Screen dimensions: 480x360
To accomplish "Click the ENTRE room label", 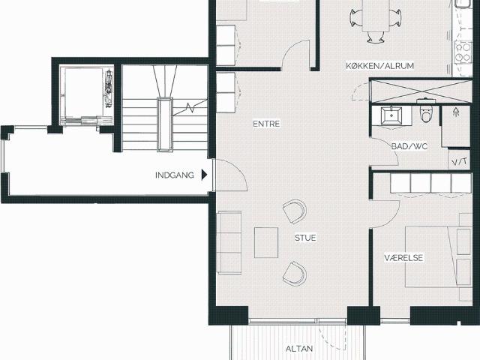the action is pos(266,124).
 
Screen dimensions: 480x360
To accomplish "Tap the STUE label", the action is pos(305,238).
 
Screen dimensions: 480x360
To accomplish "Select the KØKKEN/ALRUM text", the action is pos(380,66).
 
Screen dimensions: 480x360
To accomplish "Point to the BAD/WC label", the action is pos(409,146).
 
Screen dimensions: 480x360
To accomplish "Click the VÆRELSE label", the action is pos(403,258).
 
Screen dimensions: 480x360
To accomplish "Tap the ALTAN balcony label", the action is pos(299,349).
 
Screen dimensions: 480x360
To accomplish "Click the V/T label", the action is pos(460,161).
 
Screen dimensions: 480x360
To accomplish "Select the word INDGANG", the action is pos(175,175).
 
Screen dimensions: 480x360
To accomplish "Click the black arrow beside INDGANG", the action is pos(204,175).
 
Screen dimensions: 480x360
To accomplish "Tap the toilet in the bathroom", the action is pos(426,111).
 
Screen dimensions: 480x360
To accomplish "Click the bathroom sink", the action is pos(391,115).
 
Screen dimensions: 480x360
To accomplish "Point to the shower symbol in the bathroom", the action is pos(457,112).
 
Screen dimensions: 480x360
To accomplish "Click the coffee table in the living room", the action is pos(266,242).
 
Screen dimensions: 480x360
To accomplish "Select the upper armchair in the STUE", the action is pos(295,211).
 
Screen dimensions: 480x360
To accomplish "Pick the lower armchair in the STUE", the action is pos(295,273).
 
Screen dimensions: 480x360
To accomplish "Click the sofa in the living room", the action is pos(229,241).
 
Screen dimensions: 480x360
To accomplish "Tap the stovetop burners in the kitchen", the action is pos(463,52).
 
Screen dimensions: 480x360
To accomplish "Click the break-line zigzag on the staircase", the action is pos(190,108).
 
